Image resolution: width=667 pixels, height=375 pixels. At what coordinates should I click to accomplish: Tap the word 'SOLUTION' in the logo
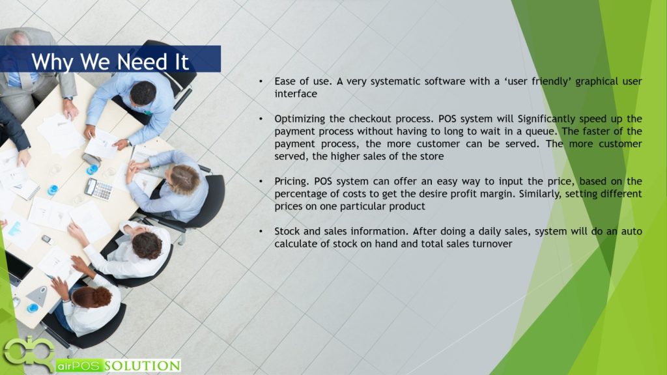coord(143,366)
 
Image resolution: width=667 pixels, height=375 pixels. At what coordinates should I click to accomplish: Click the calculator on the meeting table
coord(98,189)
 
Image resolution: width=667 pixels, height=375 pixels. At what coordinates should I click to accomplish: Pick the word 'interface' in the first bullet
coord(296,94)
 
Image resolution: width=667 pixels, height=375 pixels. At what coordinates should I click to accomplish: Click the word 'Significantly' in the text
coord(546,118)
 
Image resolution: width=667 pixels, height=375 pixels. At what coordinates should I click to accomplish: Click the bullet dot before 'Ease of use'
coord(261,81)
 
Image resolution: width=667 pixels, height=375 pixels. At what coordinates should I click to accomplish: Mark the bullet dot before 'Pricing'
coord(261,182)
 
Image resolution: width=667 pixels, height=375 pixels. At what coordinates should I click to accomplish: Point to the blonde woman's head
coord(184,180)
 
